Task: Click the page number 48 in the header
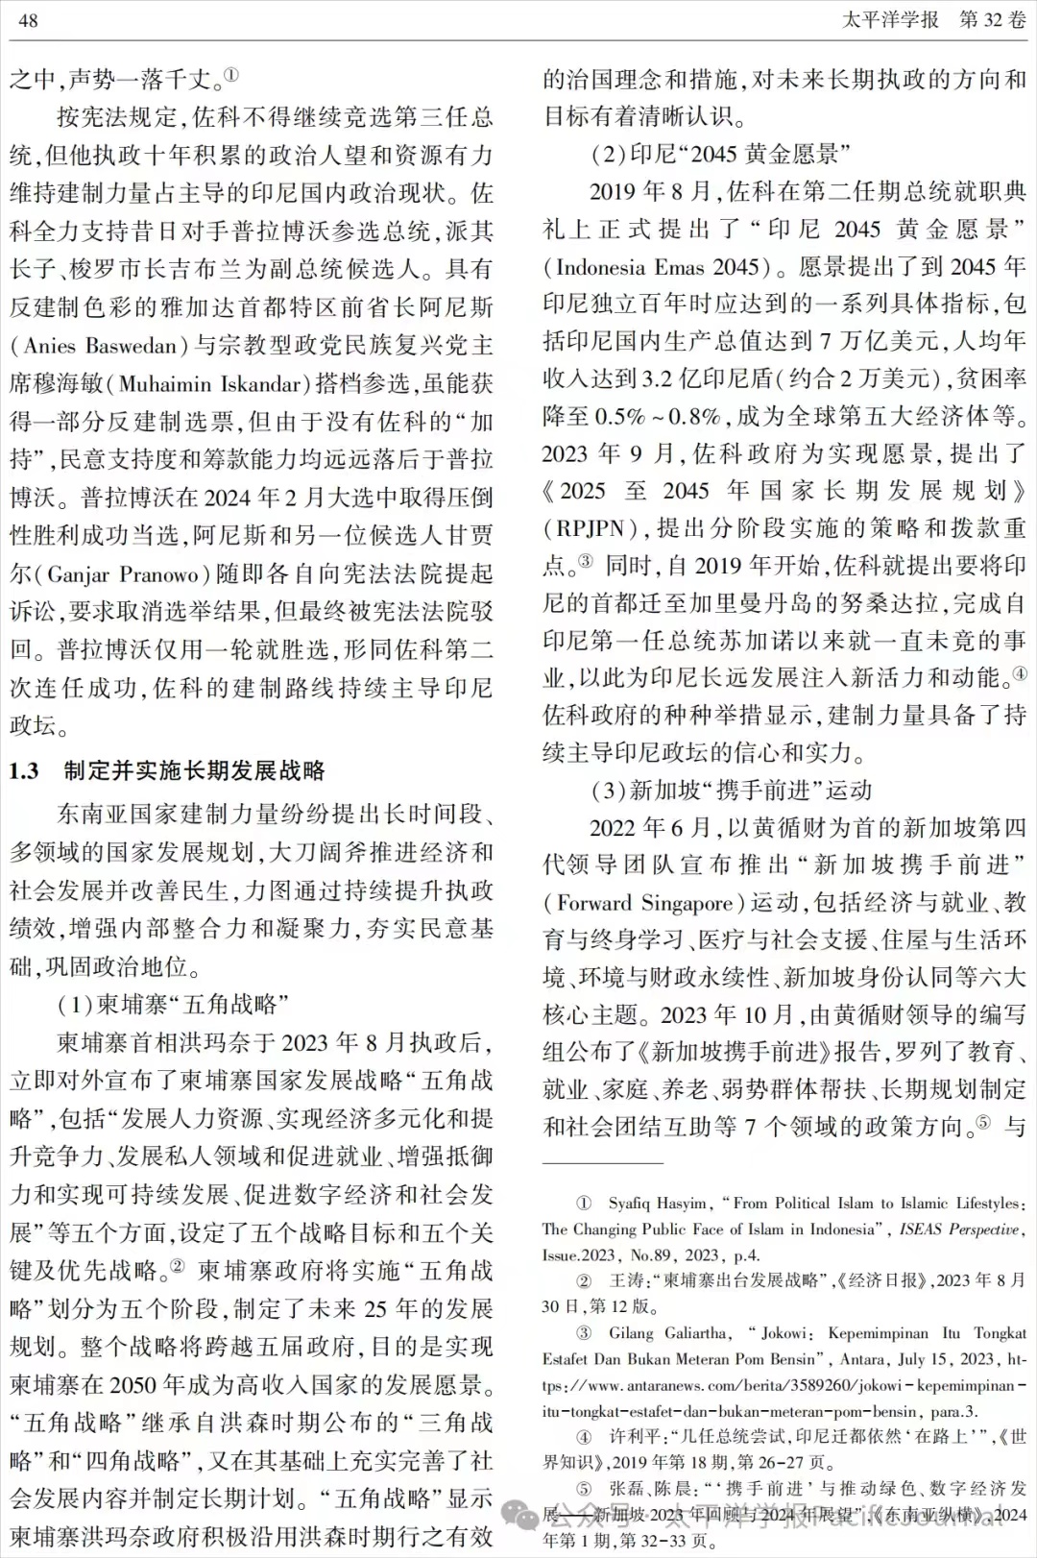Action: pos(28,20)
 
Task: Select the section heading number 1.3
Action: pos(25,771)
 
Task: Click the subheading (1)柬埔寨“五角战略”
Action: pos(174,1005)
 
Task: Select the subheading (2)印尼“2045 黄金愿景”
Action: pos(720,154)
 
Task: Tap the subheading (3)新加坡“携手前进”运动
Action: pos(732,791)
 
